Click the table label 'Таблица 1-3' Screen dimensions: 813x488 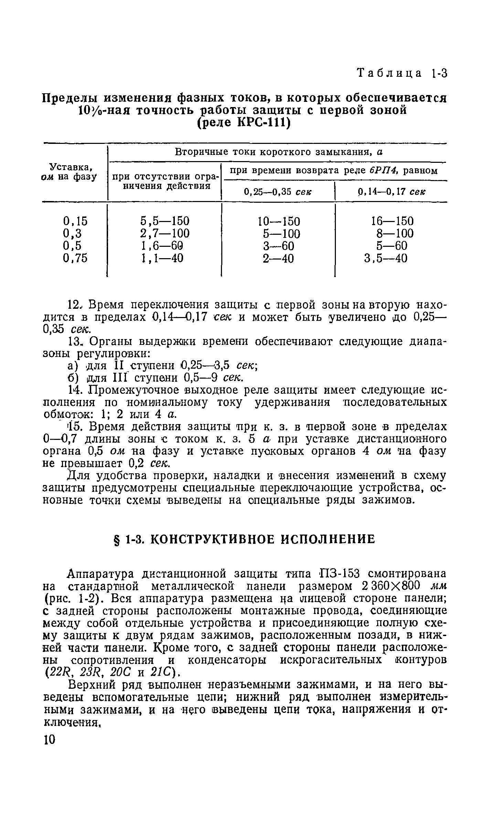point(402,74)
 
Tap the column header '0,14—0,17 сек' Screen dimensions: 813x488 point(391,192)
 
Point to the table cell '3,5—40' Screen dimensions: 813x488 point(385,258)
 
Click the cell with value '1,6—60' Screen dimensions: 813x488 point(161,246)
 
